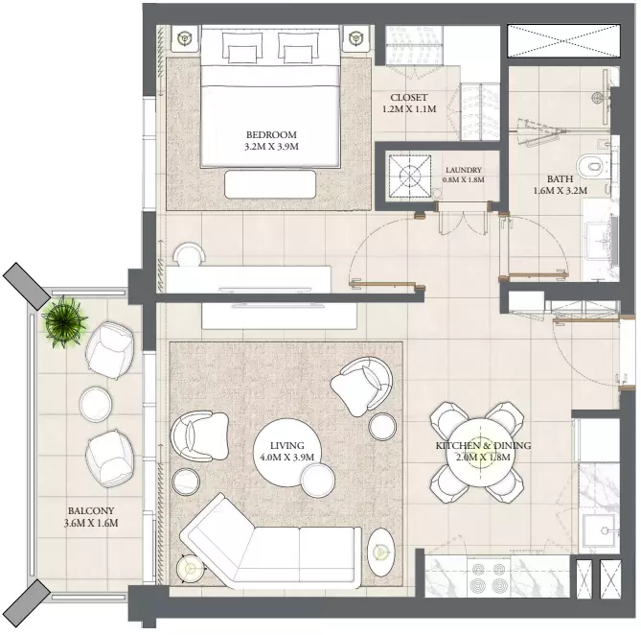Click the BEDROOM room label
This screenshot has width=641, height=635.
tap(271, 134)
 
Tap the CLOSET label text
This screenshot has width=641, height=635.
tap(409, 98)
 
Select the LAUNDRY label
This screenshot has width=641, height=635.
tap(464, 170)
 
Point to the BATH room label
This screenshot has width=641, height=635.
tap(561, 178)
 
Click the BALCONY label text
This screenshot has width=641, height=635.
tap(91, 510)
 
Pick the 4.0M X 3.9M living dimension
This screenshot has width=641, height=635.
tap(287, 457)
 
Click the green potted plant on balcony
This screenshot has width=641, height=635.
tap(64, 322)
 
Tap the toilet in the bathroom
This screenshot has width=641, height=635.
tap(591, 167)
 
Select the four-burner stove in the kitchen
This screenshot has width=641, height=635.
tap(489, 577)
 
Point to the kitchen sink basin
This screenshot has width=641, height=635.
tap(599, 530)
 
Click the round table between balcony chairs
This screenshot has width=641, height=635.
tap(95, 404)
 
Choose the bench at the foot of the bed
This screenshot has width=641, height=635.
tap(270, 184)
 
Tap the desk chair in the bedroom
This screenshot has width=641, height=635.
tap(190, 253)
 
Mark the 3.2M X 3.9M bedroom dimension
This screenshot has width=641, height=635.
tap(271, 147)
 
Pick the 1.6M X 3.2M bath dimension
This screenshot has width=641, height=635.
tap(561, 191)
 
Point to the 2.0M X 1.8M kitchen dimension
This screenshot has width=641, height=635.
tap(483, 457)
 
